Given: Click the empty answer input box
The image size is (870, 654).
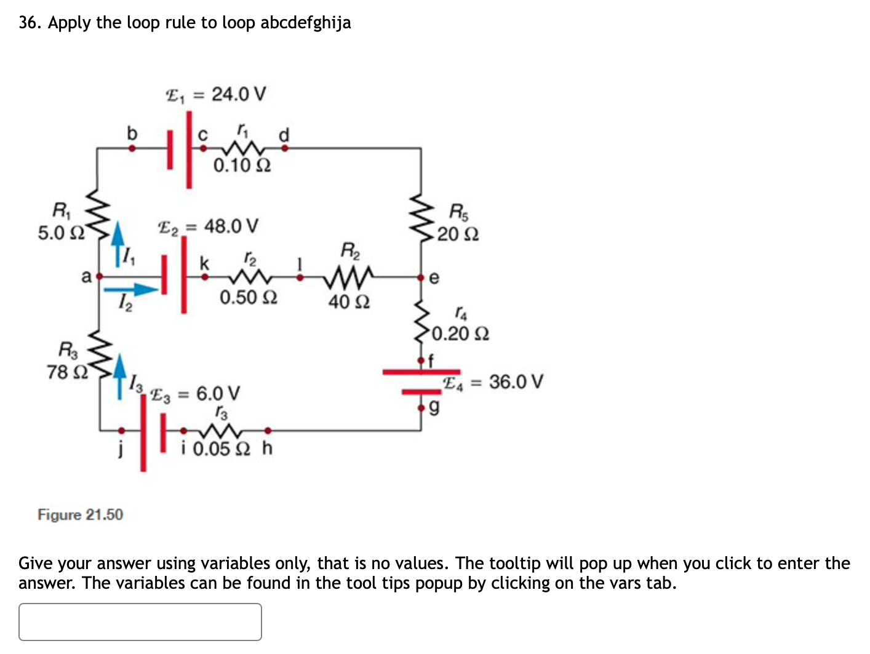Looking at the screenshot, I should (140, 621).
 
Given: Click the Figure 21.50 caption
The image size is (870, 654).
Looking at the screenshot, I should (80, 514).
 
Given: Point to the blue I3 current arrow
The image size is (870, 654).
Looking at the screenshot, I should (120, 375).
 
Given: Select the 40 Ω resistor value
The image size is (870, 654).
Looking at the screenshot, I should (349, 302).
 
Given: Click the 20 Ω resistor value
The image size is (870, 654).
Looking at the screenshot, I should (458, 234).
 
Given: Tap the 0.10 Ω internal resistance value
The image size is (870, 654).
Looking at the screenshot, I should (242, 165).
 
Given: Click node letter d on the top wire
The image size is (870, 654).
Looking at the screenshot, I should (284, 135).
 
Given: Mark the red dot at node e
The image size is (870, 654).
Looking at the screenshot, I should (421, 277).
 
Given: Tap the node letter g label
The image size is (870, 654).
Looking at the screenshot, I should (434, 407).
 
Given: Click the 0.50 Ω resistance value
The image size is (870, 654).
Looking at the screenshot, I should (249, 298).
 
